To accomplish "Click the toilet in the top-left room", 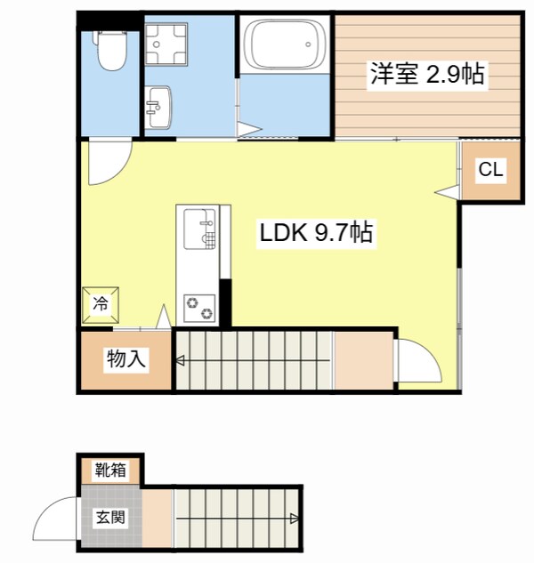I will coord(112,52).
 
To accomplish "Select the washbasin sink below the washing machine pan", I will coord(159,108).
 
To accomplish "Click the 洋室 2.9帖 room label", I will coord(427,75).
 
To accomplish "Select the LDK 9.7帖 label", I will coord(316,234).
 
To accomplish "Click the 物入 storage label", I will coord(125,359).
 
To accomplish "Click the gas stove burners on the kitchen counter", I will coord(199,306).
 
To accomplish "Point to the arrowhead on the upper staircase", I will coord(179,361).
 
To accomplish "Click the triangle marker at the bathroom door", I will coord(249,131).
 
